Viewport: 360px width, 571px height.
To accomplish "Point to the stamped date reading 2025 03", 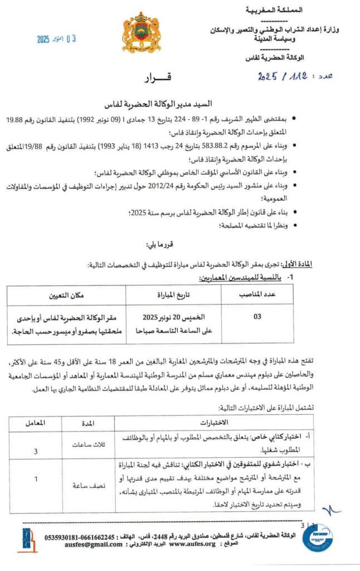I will [x=56, y=39].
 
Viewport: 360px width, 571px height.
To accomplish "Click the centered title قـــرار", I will [x=157, y=79].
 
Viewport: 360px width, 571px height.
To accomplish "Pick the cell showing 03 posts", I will [x=257, y=317].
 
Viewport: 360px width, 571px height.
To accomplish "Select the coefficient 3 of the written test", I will [x=36, y=452].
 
